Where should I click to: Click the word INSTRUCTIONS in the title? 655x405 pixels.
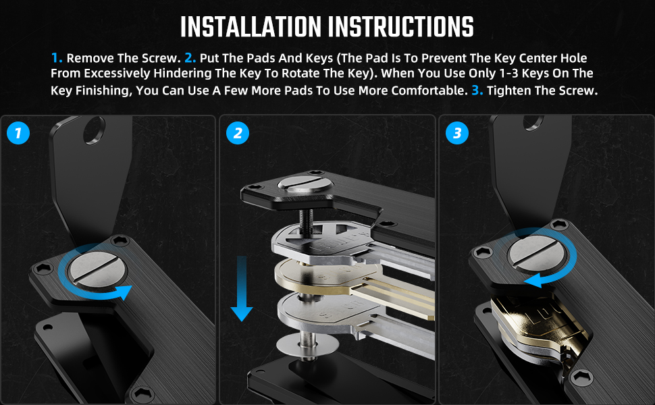[401, 27]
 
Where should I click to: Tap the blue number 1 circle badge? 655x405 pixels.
[18, 133]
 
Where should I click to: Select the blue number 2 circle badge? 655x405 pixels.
[237, 133]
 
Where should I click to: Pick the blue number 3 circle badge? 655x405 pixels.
[457, 133]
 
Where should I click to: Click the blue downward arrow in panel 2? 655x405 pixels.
[242, 288]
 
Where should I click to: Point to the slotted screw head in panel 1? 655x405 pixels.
[98, 269]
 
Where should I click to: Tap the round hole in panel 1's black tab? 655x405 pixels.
[95, 130]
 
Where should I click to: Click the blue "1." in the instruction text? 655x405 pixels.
[57, 57]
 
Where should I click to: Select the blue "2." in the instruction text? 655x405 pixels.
[190, 57]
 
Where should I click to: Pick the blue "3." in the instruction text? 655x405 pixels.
[477, 90]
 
